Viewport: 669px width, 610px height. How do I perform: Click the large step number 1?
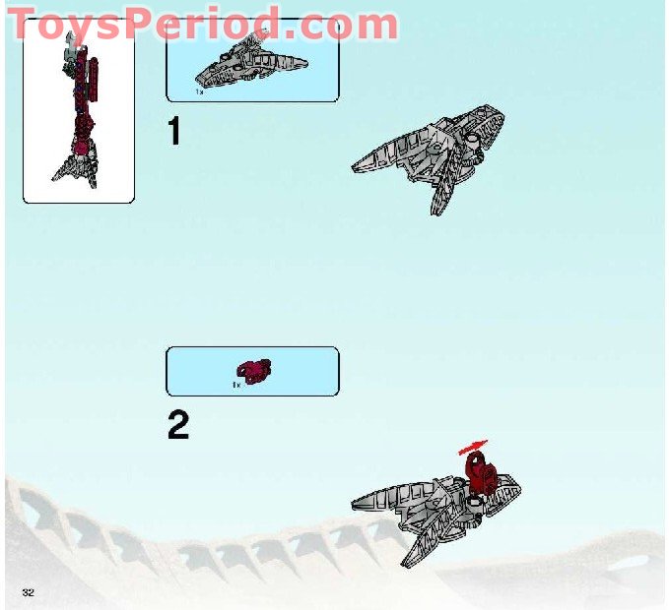point(174,131)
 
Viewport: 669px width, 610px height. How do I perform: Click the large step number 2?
point(177,425)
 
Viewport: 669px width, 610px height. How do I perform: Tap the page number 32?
point(28,589)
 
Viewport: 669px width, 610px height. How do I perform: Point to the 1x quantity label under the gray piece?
point(199,91)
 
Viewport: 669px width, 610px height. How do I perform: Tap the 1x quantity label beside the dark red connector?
point(236,385)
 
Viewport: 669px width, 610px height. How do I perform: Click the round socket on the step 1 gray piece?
point(473,144)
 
